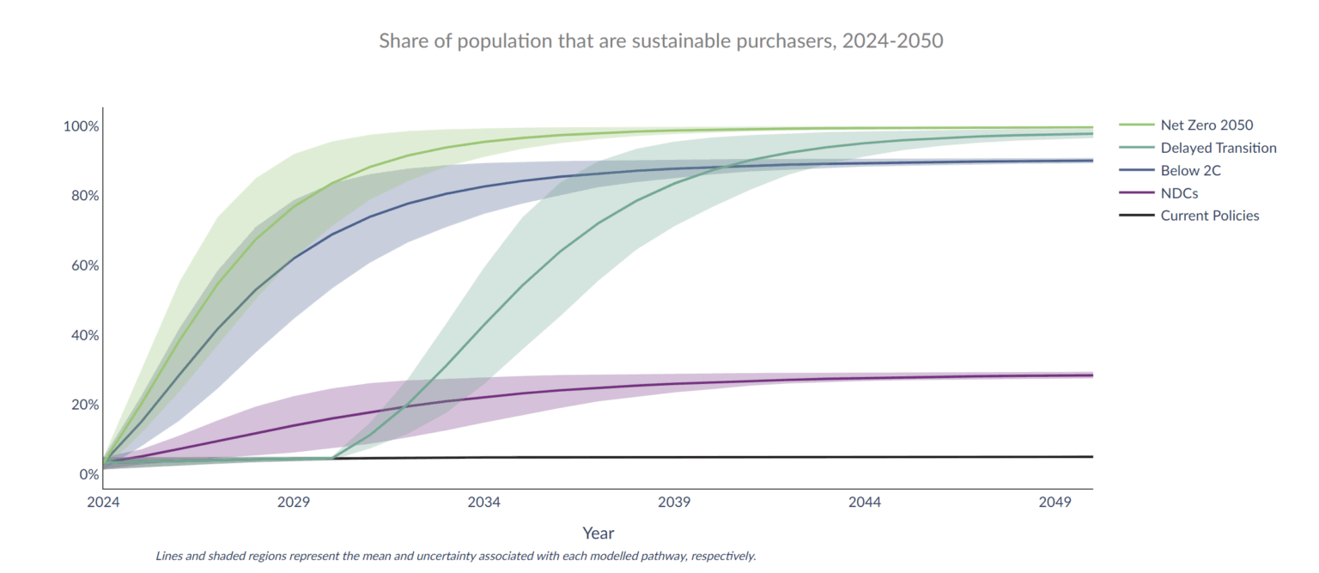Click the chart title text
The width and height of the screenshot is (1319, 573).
point(660,40)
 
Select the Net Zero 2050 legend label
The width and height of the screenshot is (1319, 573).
point(1207,125)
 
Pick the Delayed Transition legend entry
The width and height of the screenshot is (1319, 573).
point(1218,148)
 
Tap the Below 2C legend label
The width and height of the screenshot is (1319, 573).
point(1190,171)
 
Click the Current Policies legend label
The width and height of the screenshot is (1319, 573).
point(1209,216)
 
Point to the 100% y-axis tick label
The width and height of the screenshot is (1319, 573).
point(81,126)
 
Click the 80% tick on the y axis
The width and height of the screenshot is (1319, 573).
point(84,196)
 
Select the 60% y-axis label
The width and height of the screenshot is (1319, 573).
point(84,265)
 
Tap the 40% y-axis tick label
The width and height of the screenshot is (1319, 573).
point(84,335)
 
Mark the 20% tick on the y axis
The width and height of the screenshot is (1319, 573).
point(84,405)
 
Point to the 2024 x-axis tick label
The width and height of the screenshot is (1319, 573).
point(103,503)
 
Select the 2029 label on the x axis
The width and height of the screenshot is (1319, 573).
point(294,503)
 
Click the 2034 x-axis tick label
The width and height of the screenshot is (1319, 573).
point(484,503)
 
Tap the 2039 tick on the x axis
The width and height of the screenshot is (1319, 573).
point(674,503)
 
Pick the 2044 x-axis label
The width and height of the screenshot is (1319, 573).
point(865,503)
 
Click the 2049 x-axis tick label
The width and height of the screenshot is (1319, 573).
point(1055,503)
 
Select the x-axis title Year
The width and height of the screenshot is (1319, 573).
point(598,533)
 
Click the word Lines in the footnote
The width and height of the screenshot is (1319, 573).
point(170,556)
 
